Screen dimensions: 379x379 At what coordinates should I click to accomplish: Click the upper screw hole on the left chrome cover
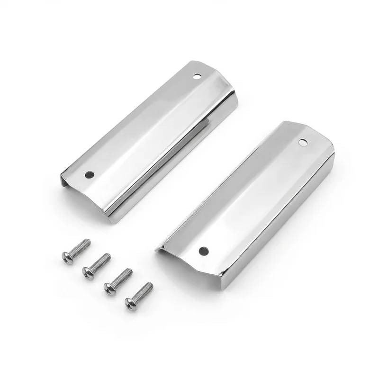click(198, 75)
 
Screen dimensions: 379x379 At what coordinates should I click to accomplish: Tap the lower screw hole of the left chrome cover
click(89, 175)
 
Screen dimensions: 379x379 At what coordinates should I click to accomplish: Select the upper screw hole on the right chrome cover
click(301, 142)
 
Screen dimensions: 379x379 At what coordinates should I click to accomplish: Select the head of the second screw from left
click(88, 271)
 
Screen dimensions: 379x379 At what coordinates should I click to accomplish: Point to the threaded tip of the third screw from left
click(129, 271)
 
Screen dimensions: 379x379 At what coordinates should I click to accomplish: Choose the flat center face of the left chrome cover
click(142, 128)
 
